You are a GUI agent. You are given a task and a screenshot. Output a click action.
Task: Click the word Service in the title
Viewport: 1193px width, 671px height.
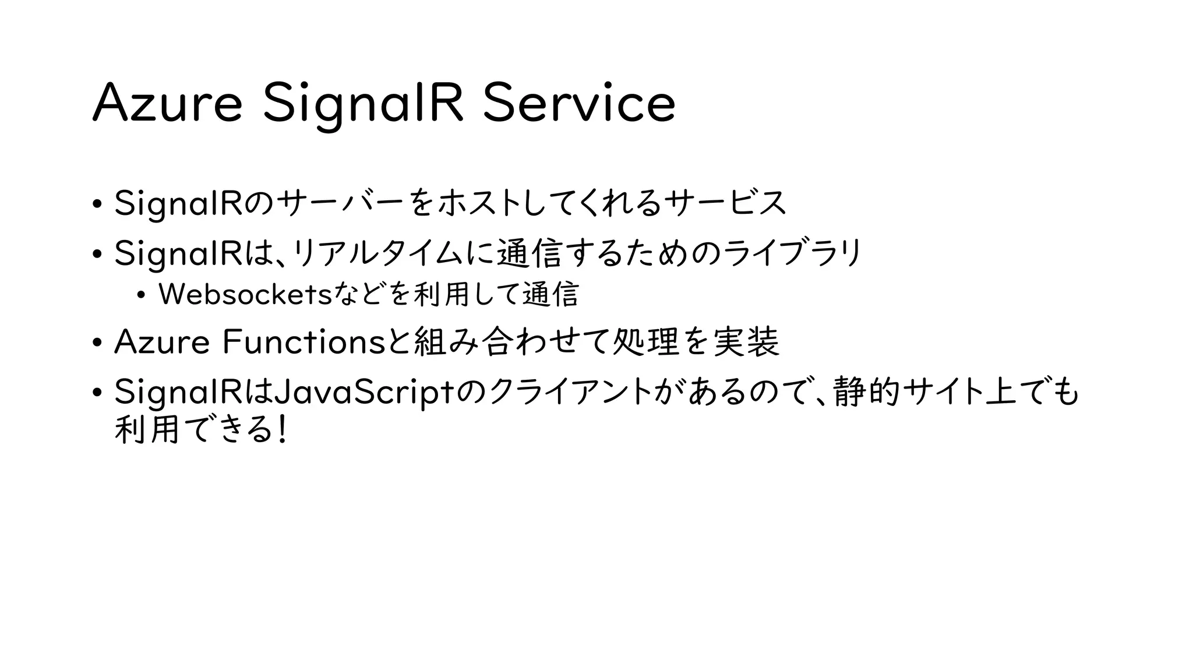click(579, 104)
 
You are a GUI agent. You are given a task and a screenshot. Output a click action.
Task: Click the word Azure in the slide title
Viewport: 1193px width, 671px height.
click(167, 104)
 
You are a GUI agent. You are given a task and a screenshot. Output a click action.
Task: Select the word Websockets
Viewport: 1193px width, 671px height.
click(245, 294)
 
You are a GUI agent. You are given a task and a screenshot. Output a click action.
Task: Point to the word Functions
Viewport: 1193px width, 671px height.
click(304, 342)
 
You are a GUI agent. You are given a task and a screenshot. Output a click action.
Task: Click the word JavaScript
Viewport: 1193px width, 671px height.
click(364, 393)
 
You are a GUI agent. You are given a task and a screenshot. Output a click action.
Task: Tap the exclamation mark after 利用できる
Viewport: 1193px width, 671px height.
click(283, 431)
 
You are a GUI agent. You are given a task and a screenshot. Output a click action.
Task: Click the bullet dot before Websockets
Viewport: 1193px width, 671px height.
click(140, 295)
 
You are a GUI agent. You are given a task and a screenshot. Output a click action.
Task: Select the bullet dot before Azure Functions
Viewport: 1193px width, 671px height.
click(97, 342)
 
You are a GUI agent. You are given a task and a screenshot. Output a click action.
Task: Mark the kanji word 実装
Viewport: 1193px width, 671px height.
click(746, 342)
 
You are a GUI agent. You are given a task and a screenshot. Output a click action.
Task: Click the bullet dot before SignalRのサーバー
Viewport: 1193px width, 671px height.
click(97, 204)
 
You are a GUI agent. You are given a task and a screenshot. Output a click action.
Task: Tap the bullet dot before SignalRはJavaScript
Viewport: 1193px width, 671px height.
click(97, 393)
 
